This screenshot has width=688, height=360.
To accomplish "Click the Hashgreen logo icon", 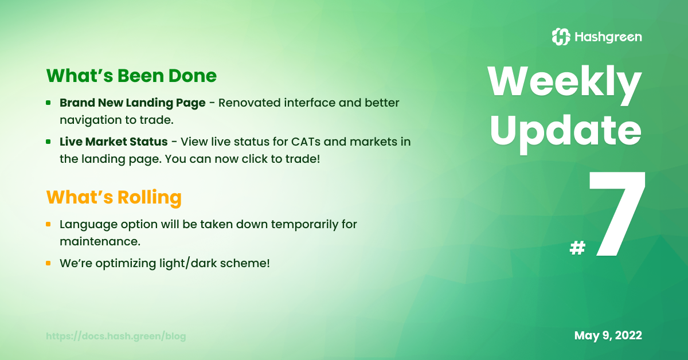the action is [x=561, y=37].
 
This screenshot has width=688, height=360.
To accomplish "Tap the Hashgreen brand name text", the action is [x=608, y=37].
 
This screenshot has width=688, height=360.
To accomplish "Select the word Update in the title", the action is [x=566, y=132].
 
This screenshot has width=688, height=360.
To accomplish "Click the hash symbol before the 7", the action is [x=577, y=248].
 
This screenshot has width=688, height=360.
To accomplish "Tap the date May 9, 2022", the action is [x=608, y=335].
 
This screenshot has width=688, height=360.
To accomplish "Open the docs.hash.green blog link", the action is [x=116, y=336].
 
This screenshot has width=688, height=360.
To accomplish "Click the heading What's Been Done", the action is [x=131, y=76].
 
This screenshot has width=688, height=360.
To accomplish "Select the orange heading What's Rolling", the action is [x=114, y=197].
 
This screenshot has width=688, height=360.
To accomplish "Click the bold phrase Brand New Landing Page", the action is [x=132, y=103].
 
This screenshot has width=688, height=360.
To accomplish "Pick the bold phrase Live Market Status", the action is [x=114, y=142].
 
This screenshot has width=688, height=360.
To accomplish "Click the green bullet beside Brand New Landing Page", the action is [x=48, y=103].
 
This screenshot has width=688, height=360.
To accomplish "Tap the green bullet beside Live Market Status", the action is [x=48, y=142].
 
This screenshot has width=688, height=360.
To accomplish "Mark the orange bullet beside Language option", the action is [x=48, y=224].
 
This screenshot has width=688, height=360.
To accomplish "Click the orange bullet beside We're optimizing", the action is [x=48, y=263].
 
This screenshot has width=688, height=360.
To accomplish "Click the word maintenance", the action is [x=100, y=241].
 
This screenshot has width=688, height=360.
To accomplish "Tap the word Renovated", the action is [x=249, y=103].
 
